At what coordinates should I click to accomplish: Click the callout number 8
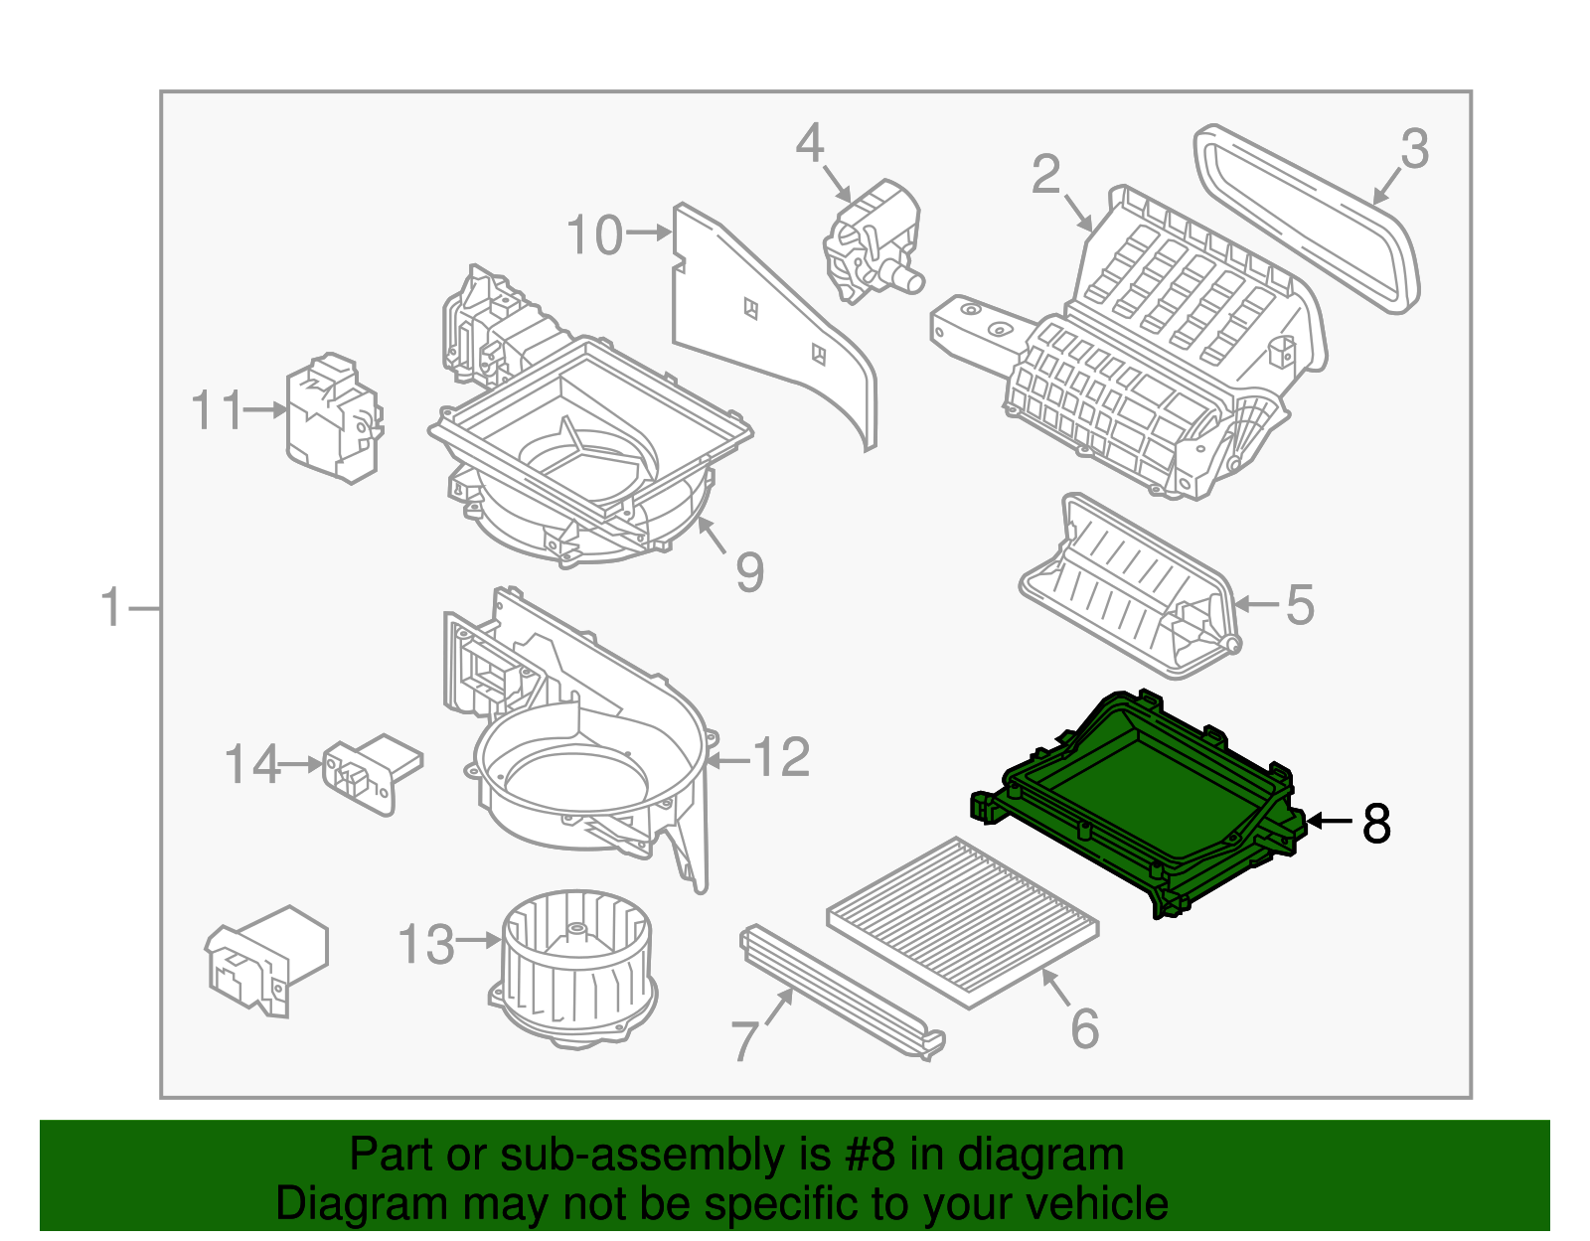1376,823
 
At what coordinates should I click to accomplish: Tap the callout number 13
426,944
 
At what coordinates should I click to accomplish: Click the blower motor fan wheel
576,964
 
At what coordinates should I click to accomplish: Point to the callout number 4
810,144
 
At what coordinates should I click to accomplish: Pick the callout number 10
594,235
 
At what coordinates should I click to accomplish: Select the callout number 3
1415,150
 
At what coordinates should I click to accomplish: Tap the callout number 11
217,410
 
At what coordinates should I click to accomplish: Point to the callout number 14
251,765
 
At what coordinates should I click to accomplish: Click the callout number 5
1300,605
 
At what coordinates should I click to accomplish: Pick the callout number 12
782,759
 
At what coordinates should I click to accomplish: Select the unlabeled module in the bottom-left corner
266,959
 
